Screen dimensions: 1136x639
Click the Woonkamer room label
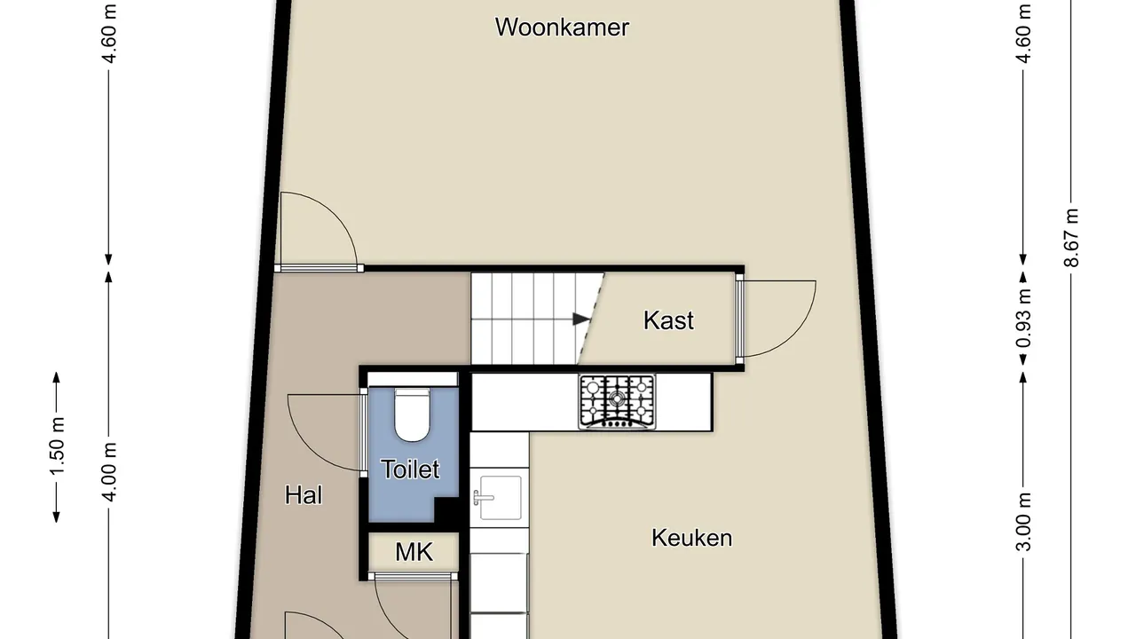[562, 28]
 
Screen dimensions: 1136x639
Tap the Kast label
[668, 320]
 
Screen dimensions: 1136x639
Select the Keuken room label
[691, 538]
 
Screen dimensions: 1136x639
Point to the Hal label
[304, 495]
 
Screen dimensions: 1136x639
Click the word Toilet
[410, 469]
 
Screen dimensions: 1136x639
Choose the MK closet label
[414, 552]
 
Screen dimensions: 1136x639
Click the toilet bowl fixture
[412, 414]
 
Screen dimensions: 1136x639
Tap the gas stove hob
[617, 402]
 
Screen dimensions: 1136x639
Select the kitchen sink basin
[501, 498]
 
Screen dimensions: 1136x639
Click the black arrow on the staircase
[581, 319]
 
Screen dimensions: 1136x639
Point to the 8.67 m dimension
[1071, 238]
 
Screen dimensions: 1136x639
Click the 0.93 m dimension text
[1023, 318]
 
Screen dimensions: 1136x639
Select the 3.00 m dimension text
[1023, 522]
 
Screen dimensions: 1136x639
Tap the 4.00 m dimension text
[109, 472]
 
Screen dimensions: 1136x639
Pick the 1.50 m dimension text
[57, 446]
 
